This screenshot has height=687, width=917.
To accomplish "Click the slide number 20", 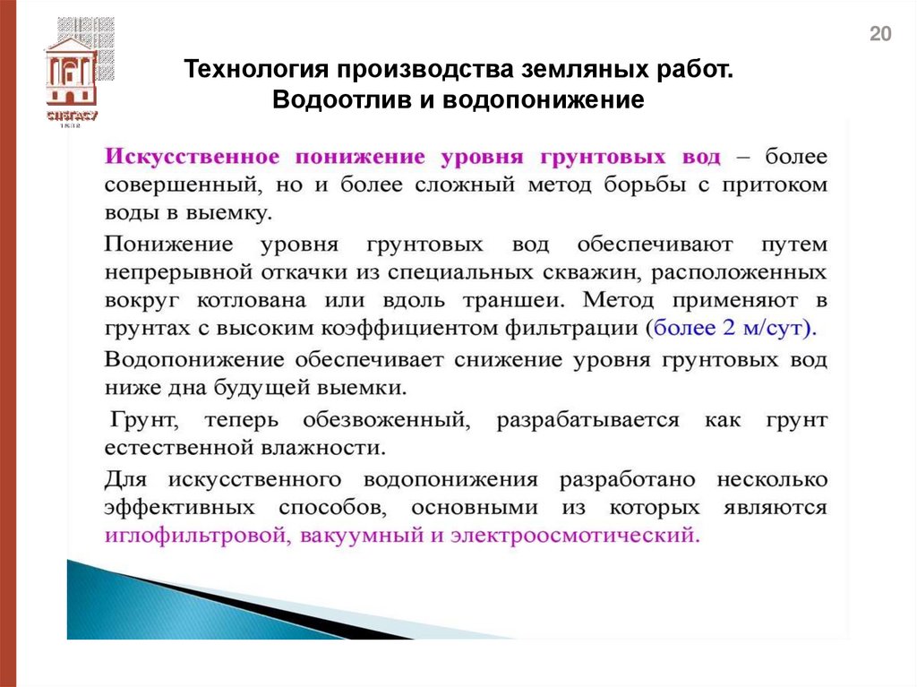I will (880, 35).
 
